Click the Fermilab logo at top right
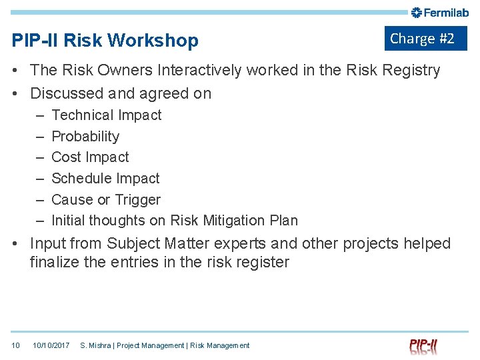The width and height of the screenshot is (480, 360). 440,12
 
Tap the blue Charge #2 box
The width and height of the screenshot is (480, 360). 425,39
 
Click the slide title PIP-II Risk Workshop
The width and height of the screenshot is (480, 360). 105,41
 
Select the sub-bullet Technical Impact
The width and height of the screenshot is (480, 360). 107,115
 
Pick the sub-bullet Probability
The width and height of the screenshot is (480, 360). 85,137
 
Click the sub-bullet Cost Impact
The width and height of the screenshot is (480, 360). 90,157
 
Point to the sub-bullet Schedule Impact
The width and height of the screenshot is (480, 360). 105,179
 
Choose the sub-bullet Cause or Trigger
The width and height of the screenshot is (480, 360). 106,200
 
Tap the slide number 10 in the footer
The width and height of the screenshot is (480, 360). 16,345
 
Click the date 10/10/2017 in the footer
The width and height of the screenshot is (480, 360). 51,345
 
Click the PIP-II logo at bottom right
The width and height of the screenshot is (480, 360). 423,346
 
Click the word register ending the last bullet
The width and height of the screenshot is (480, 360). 263,263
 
